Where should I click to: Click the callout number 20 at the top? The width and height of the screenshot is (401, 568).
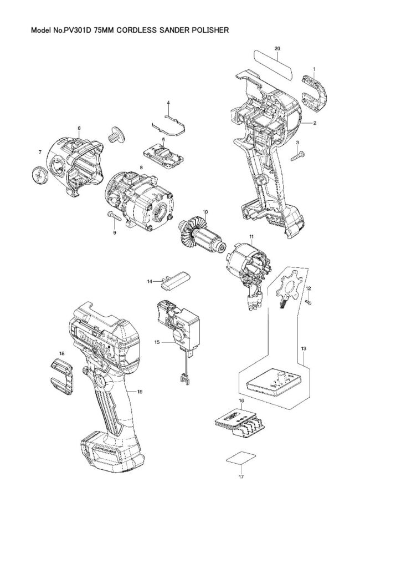(x=277, y=49)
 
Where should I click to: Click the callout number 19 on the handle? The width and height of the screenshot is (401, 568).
(x=140, y=392)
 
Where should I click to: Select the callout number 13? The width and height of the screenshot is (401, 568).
(x=304, y=348)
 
